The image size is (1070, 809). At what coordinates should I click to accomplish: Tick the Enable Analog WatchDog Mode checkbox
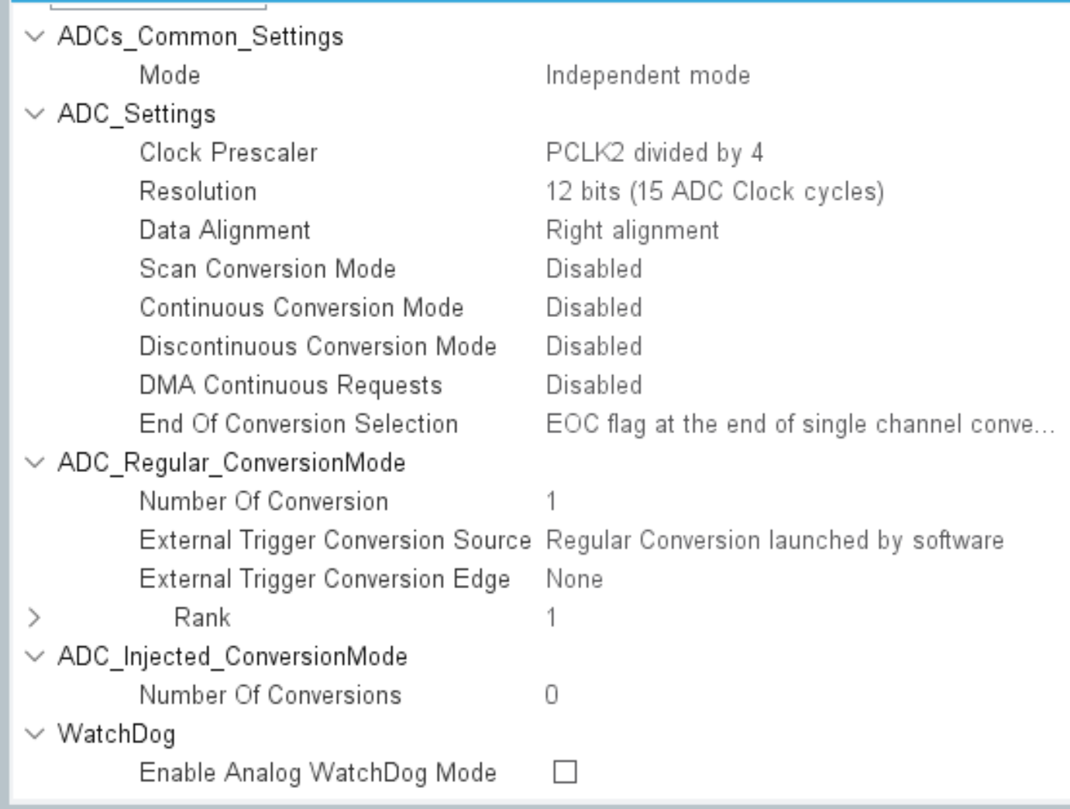pyautogui.click(x=565, y=772)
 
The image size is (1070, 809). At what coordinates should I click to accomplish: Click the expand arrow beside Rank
pyautogui.click(x=34, y=618)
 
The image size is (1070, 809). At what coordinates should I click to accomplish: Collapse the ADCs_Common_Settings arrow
pyautogui.click(x=35, y=36)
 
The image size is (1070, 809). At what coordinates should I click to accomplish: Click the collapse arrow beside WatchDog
pyautogui.click(x=35, y=734)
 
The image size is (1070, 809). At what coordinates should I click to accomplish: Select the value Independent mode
pyautogui.click(x=648, y=75)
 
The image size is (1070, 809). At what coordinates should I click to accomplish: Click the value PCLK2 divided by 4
pyautogui.click(x=654, y=153)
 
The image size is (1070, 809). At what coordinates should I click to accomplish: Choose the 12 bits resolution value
pyautogui.click(x=714, y=191)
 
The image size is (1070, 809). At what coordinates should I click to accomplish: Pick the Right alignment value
pyautogui.click(x=632, y=230)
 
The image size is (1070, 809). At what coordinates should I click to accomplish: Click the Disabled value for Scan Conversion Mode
pyautogui.click(x=593, y=269)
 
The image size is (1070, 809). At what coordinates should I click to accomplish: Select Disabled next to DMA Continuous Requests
pyautogui.click(x=593, y=385)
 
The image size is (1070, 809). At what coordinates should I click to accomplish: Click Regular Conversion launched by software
pyautogui.click(x=775, y=540)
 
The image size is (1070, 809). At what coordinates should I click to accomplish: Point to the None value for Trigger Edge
pyautogui.click(x=574, y=579)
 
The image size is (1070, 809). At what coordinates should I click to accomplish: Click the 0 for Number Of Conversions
pyautogui.click(x=551, y=695)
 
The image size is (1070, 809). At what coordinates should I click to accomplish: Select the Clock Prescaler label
pyautogui.click(x=229, y=153)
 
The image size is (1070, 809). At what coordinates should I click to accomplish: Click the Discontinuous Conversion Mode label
pyautogui.click(x=318, y=346)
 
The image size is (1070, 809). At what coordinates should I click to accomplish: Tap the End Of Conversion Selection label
pyautogui.click(x=298, y=424)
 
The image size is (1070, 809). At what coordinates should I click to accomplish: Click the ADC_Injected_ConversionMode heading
pyautogui.click(x=232, y=656)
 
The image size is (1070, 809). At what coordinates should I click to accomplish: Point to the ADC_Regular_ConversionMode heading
pyautogui.click(x=232, y=463)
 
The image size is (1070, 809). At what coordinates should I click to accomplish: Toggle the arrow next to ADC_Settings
pyautogui.click(x=35, y=114)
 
